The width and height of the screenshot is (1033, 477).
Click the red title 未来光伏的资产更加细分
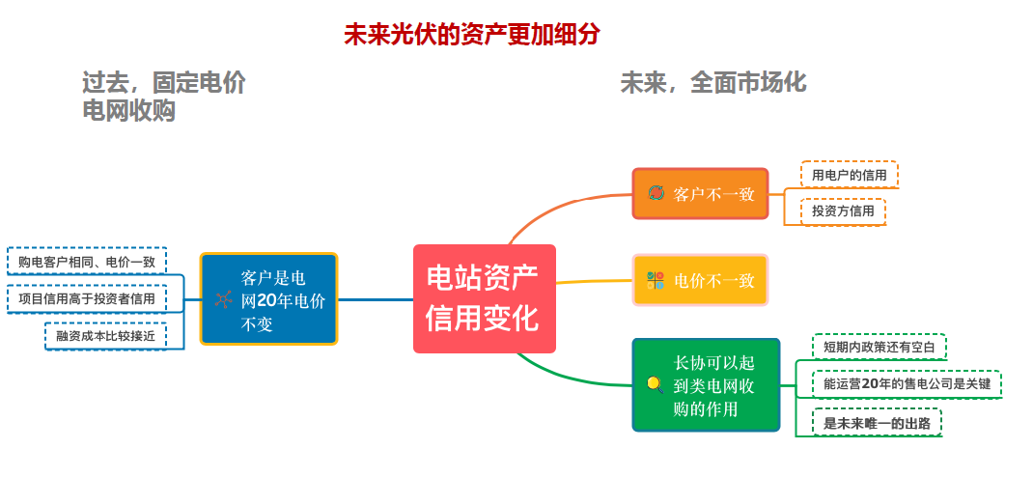[472, 35]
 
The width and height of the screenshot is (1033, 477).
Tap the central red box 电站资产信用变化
[484, 297]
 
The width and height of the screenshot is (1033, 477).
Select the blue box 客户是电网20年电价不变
[268, 299]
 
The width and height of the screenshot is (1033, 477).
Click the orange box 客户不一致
[700, 193]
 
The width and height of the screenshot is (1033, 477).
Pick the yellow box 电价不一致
[700, 280]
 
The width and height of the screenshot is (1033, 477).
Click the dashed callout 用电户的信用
[849, 175]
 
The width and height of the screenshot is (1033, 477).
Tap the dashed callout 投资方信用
[842, 211]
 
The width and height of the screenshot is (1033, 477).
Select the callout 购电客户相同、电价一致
[87, 261]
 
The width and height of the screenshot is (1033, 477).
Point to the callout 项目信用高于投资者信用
[87, 298]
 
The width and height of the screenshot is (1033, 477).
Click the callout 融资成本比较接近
[105, 335]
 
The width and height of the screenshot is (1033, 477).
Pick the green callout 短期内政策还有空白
[879, 347]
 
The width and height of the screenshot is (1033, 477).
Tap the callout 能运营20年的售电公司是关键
[907, 384]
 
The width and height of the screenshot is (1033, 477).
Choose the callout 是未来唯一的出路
[876, 423]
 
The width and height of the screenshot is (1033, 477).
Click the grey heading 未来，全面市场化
[712, 83]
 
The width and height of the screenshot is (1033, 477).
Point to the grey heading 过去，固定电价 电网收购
[163, 98]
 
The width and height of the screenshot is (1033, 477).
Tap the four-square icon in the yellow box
[656, 281]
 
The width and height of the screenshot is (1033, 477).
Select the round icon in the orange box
[656, 194]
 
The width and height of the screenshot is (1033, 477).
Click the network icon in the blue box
[223, 299]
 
